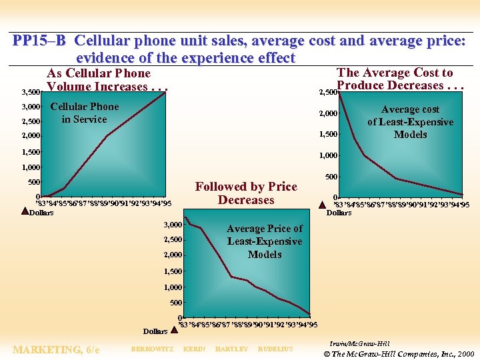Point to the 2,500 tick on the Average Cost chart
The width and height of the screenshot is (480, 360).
click(327, 92)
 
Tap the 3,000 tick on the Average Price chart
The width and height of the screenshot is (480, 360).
click(173, 225)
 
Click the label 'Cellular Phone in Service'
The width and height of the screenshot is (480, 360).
click(85, 113)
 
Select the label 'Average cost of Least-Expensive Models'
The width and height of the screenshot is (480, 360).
click(410, 121)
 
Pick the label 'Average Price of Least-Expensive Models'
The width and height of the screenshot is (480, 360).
click(265, 241)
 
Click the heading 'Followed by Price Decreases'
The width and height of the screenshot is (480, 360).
click(246, 193)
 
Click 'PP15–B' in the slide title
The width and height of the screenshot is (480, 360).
click(39, 41)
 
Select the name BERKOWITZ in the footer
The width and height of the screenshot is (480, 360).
click(152, 349)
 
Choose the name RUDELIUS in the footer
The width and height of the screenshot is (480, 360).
click(275, 349)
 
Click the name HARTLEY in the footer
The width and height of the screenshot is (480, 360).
click(232, 349)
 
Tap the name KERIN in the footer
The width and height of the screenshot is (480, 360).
click(194, 349)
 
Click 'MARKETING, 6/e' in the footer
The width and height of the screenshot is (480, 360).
click(56, 350)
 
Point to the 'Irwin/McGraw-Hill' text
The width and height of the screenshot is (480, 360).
click(360, 342)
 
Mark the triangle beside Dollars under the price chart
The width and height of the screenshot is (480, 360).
click(174, 329)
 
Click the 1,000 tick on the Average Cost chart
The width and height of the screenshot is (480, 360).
click(327, 155)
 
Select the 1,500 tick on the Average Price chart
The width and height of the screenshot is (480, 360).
click(173, 272)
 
